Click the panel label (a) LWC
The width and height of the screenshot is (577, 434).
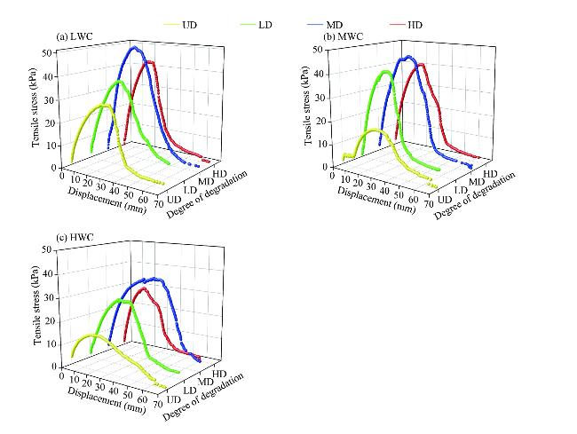[x=74, y=37]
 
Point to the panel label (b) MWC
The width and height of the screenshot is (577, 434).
[x=343, y=37]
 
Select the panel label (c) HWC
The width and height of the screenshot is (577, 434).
[x=74, y=238]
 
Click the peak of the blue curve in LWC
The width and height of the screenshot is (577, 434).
[x=134, y=47]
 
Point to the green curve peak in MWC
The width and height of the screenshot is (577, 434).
[x=385, y=71]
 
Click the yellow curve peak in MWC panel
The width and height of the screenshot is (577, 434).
[x=375, y=130]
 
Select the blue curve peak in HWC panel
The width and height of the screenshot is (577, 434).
[x=155, y=279]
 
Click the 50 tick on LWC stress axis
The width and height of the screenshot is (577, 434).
[x=48, y=53]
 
